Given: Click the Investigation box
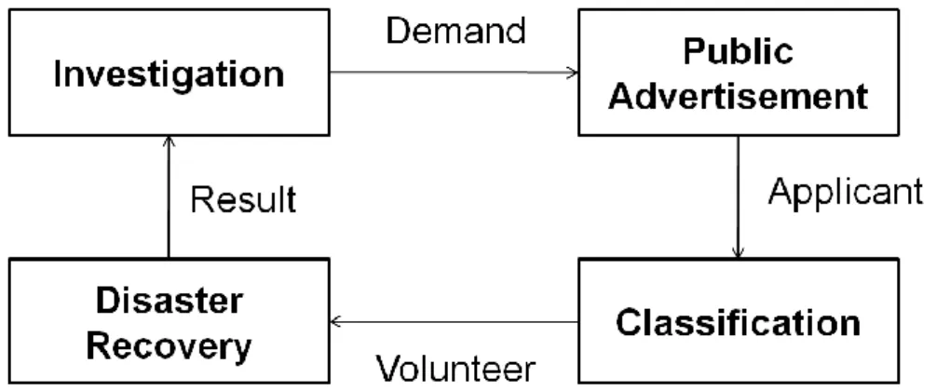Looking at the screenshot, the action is coord(169,73).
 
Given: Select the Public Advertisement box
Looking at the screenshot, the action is coord(739,73).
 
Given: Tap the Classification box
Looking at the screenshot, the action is coord(739,320).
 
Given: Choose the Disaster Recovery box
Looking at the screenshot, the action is coord(169,320).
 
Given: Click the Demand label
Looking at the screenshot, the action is coord(456,31).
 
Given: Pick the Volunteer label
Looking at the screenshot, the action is coord(456,369).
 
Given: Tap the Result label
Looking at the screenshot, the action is coord(244,199).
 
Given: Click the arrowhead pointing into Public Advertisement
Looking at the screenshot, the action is coord(573,73).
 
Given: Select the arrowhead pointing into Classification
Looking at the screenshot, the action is coord(738,252).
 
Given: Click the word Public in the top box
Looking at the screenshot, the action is coord(739,52).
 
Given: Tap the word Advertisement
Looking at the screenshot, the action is coord(739,96).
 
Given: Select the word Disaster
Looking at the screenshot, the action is coord(169,301).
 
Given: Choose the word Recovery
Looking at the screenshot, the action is coord(169,345).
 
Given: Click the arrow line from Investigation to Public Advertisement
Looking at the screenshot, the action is coord(454,73).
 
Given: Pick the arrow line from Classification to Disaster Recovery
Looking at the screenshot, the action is coord(454,322).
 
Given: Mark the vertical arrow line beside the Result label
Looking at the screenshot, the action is coord(169,197).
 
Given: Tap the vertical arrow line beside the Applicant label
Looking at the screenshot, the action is coord(738,197).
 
